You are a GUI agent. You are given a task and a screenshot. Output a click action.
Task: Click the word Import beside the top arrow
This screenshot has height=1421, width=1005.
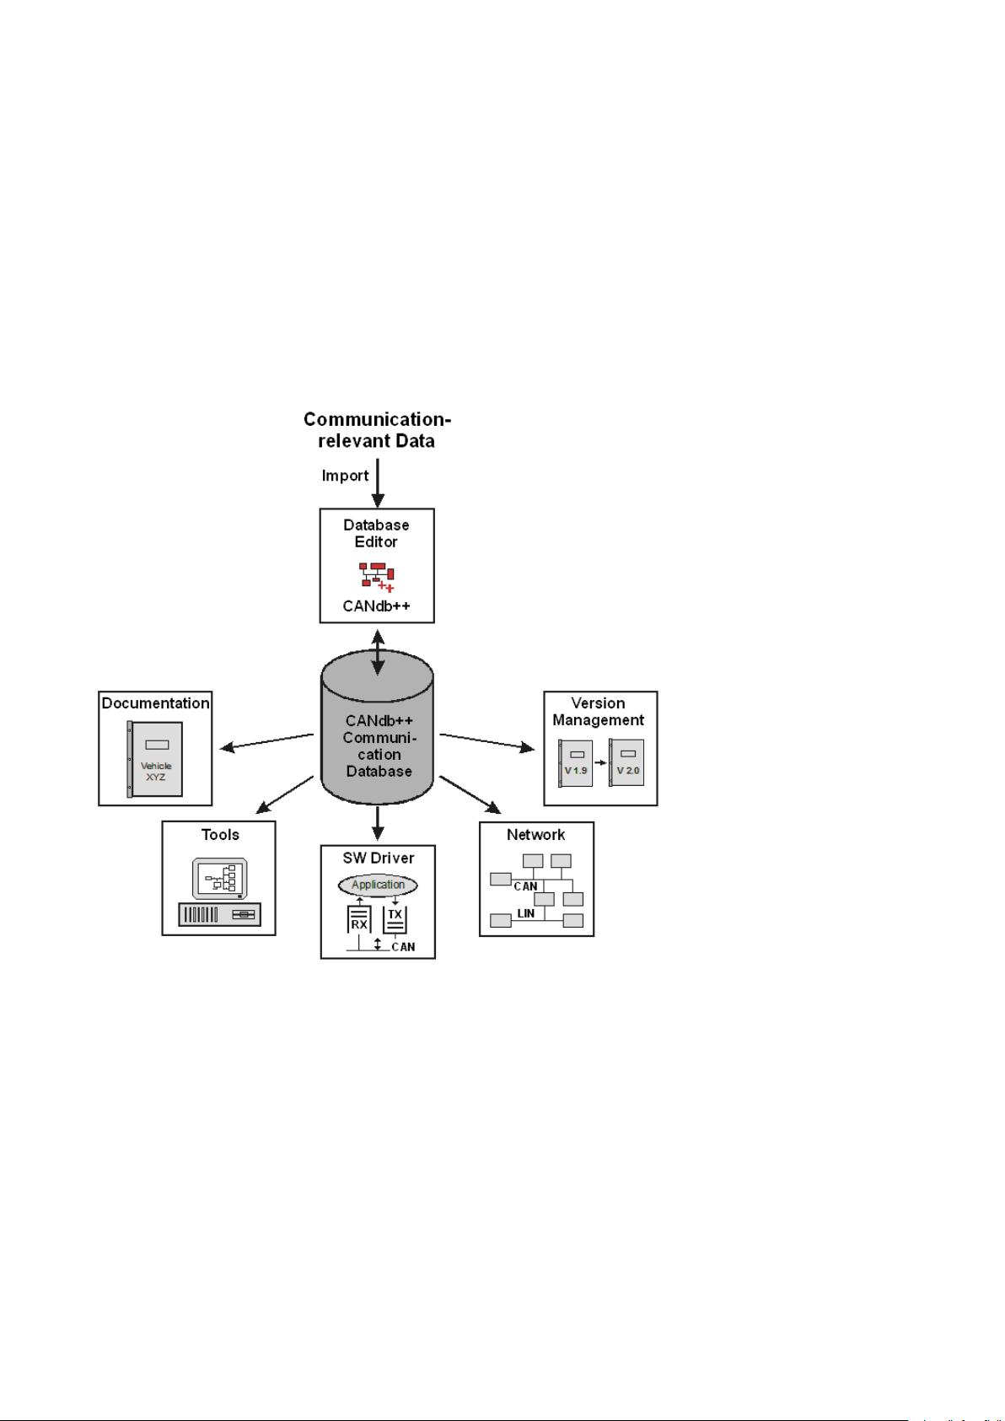pyautogui.click(x=346, y=476)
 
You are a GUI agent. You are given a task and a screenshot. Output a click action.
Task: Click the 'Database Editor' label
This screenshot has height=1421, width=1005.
pyautogui.click(x=376, y=533)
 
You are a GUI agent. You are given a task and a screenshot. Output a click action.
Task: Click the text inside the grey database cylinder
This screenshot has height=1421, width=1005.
pyautogui.click(x=379, y=746)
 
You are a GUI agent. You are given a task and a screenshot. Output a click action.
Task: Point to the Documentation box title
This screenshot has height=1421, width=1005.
pyautogui.click(x=155, y=703)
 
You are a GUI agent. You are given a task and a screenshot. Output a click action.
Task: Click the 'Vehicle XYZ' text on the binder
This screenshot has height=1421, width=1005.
pyautogui.click(x=156, y=771)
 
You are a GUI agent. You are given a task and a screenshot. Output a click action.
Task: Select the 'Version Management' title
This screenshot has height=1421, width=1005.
pyautogui.click(x=599, y=712)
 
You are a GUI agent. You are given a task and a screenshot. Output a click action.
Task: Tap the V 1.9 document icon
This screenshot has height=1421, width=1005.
pyautogui.click(x=576, y=763)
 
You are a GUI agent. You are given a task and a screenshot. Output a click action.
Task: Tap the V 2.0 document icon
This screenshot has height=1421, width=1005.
pyautogui.click(x=626, y=763)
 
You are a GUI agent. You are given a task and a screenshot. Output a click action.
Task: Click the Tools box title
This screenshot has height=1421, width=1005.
pyautogui.click(x=220, y=835)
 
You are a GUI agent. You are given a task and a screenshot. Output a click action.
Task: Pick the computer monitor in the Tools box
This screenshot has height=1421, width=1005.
pyautogui.click(x=219, y=880)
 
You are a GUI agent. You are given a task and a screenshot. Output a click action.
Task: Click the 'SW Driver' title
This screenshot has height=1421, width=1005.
pyautogui.click(x=379, y=859)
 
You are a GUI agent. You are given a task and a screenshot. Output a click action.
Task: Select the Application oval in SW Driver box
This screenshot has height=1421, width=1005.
pyautogui.click(x=378, y=885)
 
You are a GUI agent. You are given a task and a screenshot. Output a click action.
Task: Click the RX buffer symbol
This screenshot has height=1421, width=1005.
pyautogui.click(x=359, y=920)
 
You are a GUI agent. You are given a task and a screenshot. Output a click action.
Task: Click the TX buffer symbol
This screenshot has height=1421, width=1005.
pyautogui.click(x=395, y=918)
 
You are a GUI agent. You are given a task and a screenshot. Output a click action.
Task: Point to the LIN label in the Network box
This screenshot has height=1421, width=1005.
pyautogui.click(x=525, y=913)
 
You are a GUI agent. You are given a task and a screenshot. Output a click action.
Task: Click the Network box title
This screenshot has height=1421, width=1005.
pyautogui.click(x=536, y=835)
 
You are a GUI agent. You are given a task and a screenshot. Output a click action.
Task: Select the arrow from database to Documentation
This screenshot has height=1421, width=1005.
pyautogui.click(x=266, y=741)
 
